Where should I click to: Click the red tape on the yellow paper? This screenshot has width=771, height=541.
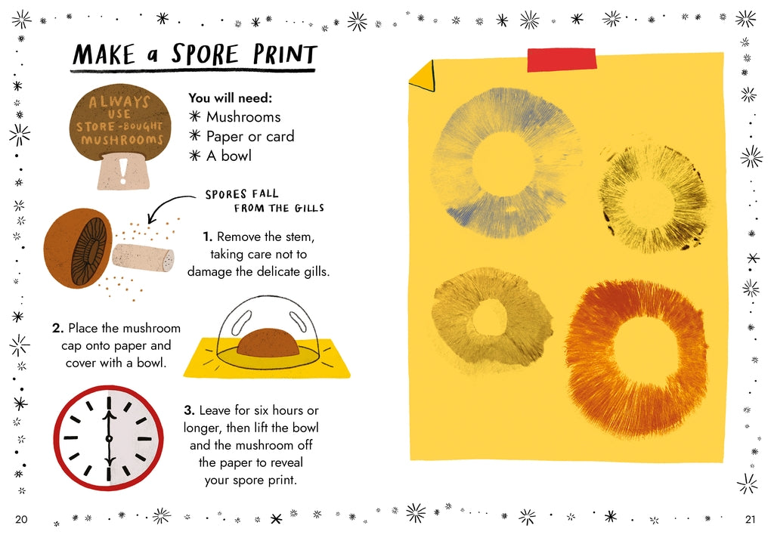pyautogui.click(x=556, y=60)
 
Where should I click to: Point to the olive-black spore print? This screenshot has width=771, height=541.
pyautogui.click(x=655, y=199)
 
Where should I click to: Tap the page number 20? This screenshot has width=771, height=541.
pyautogui.click(x=21, y=519)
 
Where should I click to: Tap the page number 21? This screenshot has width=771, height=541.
pyautogui.click(x=749, y=519)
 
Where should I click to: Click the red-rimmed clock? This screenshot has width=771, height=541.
pyautogui.click(x=108, y=437)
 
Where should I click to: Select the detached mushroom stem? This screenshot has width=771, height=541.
pyautogui.click(x=143, y=257)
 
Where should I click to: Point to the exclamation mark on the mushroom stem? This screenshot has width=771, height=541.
pyautogui.click(x=123, y=171)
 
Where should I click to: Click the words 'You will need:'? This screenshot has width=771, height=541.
pyautogui.click(x=230, y=97)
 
